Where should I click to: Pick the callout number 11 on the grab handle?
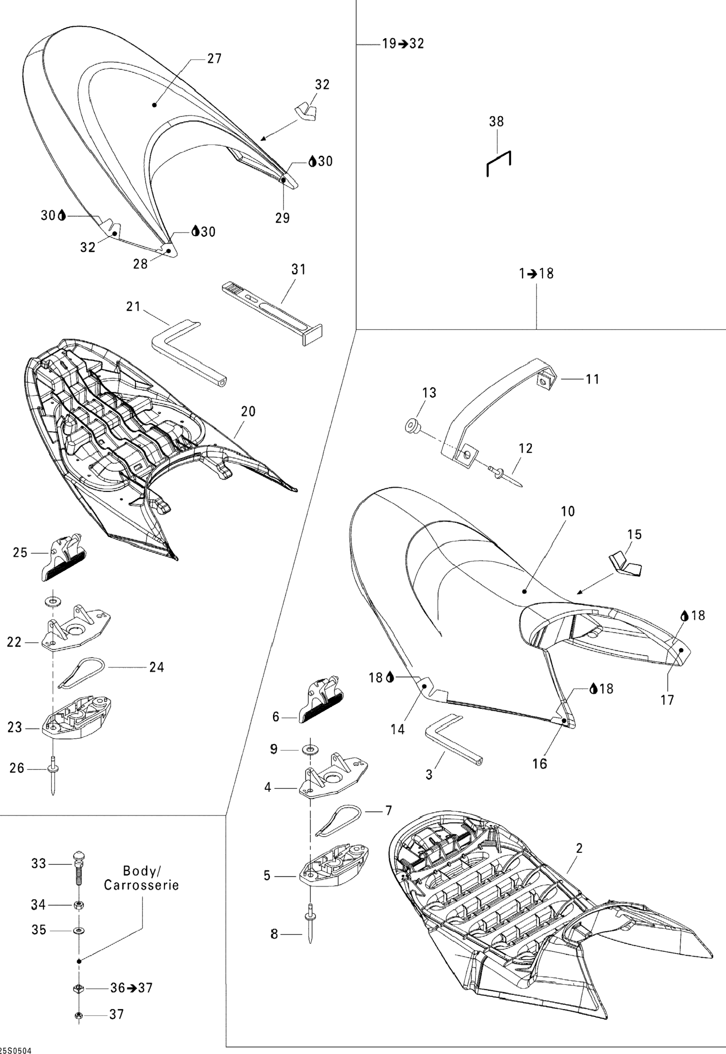pos(592,379)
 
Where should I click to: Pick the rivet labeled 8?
pos(310,927)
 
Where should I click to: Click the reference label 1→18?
pos(536,274)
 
